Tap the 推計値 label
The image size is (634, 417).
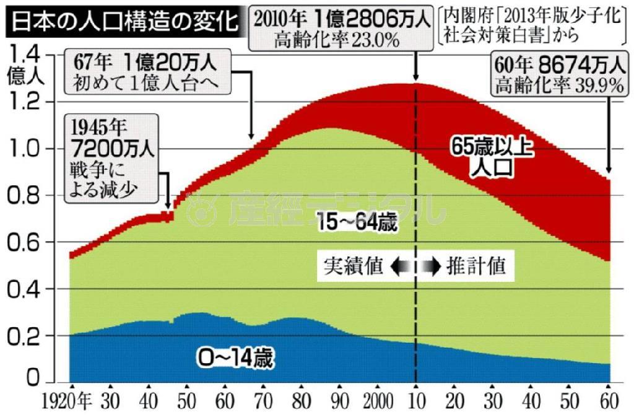tap(477, 266)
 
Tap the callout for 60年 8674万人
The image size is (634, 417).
tap(558, 73)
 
